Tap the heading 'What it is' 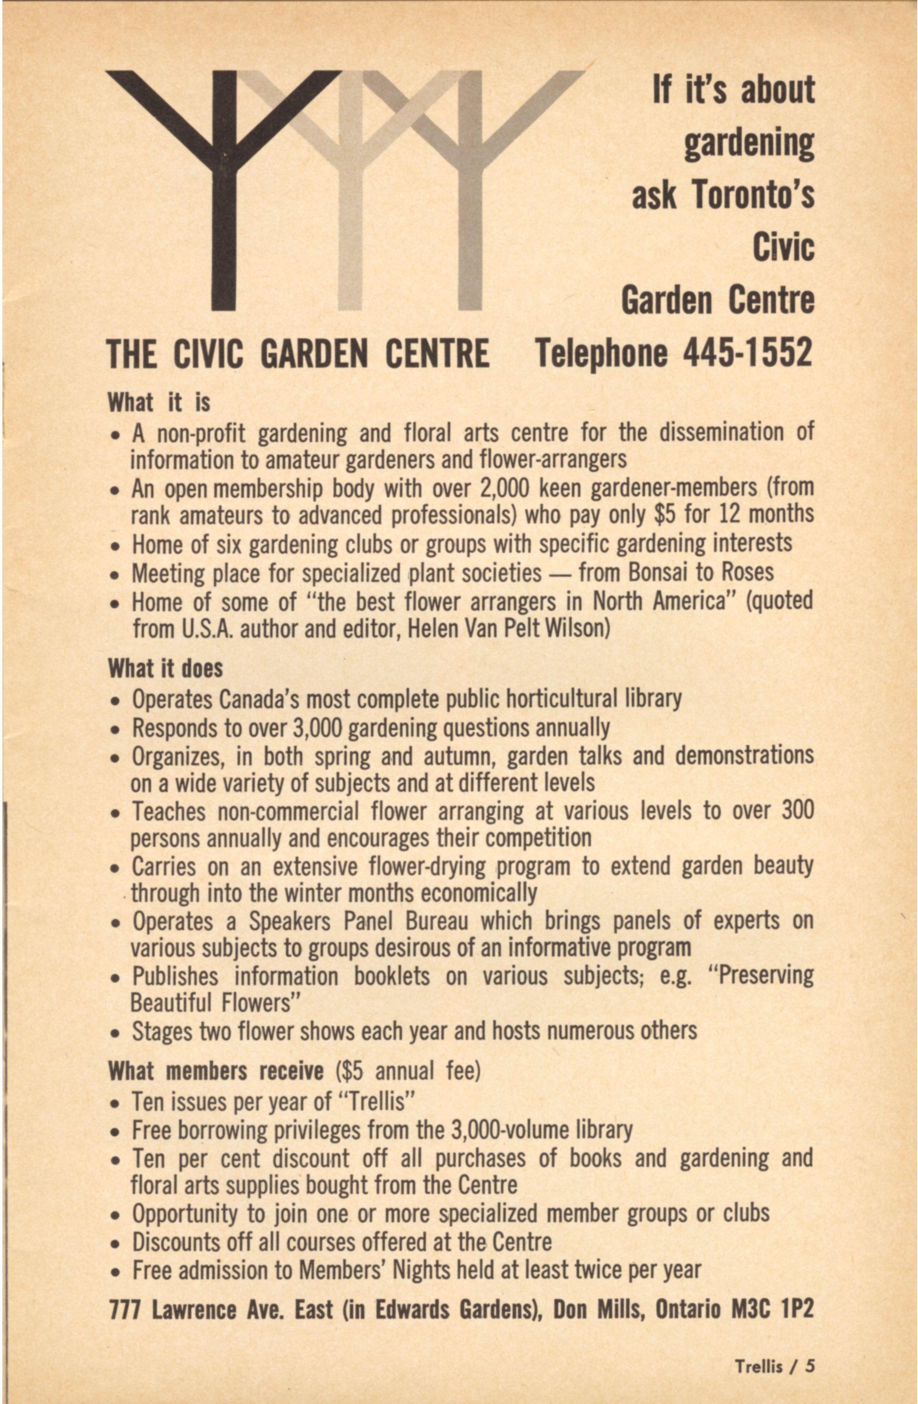coord(159,403)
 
